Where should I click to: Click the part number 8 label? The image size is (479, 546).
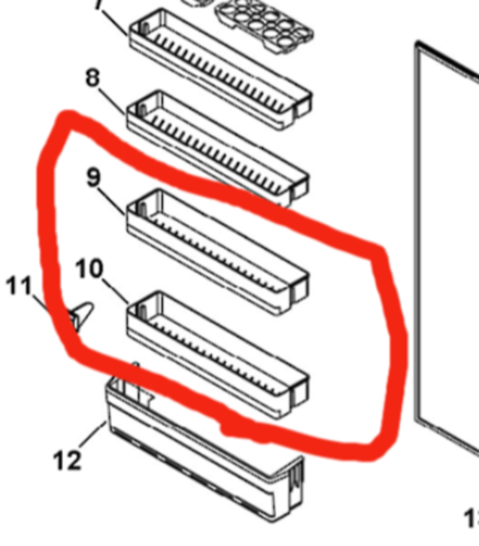coord(92,78)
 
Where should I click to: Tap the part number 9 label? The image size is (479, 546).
coord(93,178)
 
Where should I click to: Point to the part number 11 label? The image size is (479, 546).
coord(20,286)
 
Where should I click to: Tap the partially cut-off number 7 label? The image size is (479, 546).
coord(98,5)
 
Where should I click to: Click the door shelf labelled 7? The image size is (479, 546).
coord(217,53)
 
